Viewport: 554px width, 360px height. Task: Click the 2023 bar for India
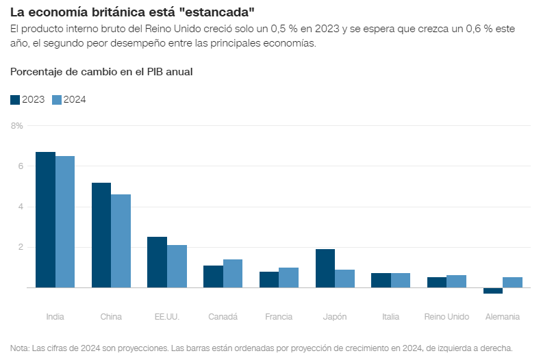click(45, 220)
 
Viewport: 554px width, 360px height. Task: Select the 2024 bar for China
click(121, 241)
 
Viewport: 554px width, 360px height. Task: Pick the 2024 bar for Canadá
click(233, 274)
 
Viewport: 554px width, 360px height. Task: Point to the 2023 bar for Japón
click(325, 268)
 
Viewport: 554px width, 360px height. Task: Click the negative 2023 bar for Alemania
click(493, 291)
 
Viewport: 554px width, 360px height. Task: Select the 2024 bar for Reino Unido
click(456, 281)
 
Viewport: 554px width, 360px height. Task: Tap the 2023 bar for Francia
click(269, 279)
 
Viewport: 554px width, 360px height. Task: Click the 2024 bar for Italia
click(401, 281)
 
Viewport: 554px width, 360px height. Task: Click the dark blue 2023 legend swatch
click(15, 99)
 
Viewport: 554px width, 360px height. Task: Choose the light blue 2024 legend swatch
click(57, 99)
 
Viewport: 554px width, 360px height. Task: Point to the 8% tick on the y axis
click(17, 126)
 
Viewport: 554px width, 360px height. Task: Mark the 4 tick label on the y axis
click(21, 207)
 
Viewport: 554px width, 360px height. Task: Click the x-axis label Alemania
click(502, 317)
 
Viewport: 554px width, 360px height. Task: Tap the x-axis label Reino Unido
click(446, 317)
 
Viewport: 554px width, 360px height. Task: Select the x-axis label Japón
click(334, 317)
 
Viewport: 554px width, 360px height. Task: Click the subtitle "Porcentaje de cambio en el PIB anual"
click(101, 72)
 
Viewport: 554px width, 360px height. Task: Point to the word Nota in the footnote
click(20, 348)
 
